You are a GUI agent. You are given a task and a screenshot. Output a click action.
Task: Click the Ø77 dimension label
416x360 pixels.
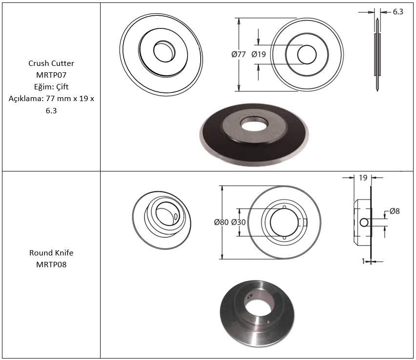pyautogui.click(x=238, y=54)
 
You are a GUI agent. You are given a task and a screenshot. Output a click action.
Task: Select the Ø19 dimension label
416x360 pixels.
pyautogui.click(x=259, y=54)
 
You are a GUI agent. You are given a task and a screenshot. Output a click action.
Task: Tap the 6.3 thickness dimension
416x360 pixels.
pyautogui.click(x=398, y=12)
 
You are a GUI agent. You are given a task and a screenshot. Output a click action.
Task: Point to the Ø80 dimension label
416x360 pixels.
pyautogui.click(x=221, y=222)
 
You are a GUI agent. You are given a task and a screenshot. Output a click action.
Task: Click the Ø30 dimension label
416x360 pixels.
pyautogui.click(x=238, y=222)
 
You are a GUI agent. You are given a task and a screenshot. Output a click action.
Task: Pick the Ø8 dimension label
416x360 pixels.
pyautogui.click(x=395, y=211)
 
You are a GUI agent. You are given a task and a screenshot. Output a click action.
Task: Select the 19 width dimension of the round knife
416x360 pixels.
pyautogui.click(x=363, y=178)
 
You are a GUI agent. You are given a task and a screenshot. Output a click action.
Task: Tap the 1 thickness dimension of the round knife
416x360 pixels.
pyautogui.click(x=363, y=261)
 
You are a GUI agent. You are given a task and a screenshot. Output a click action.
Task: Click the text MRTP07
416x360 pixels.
pyautogui.click(x=51, y=75)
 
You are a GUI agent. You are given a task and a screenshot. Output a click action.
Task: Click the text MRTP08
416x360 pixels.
pyautogui.click(x=51, y=264)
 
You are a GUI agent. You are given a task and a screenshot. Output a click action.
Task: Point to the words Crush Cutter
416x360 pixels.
pyautogui.click(x=51, y=63)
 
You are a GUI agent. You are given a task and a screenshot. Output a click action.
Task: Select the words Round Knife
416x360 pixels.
pyautogui.click(x=51, y=253)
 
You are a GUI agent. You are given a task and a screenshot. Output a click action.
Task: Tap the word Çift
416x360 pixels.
pyautogui.click(x=62, y=87)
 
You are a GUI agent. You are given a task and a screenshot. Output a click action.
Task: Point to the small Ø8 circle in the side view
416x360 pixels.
pyautogui.click(x=364, y=222)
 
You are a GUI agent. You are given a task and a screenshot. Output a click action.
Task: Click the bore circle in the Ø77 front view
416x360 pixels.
pyautogui.click(x=307, y=55)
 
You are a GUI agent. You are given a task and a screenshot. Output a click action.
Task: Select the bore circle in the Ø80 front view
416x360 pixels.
pyautogui.click(x=284, y=222)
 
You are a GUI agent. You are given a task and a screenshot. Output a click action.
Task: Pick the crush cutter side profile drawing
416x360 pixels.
pyautogui.click(x=377, y=55)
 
